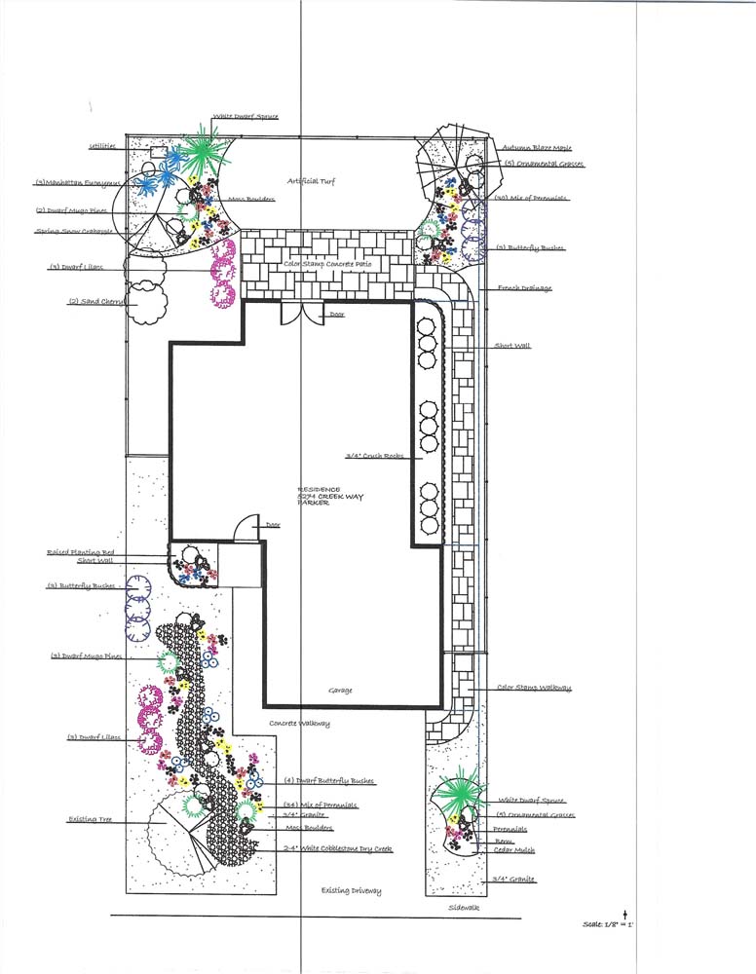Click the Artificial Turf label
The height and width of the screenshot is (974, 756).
coord(312,182)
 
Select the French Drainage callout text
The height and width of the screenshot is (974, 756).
coord(524,288)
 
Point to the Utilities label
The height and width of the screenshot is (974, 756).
coord(103,146)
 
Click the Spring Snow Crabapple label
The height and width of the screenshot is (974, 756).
coord(75,232)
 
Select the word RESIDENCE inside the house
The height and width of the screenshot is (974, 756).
coord(320,488)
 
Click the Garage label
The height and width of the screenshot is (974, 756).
coord(340,691)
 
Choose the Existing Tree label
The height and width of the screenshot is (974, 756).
coord(91,820)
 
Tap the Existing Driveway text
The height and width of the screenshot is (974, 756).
coord(352,891)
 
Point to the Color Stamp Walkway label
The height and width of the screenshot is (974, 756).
coord(533,688)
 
